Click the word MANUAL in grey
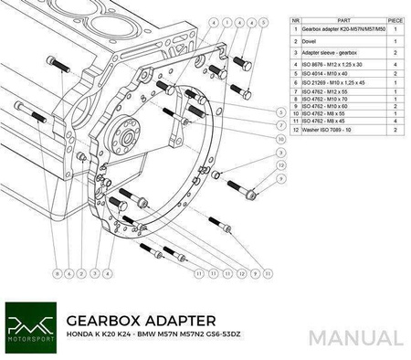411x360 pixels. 355,337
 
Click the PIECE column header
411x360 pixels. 394,16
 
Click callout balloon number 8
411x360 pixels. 56,271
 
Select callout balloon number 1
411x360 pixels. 94,271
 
